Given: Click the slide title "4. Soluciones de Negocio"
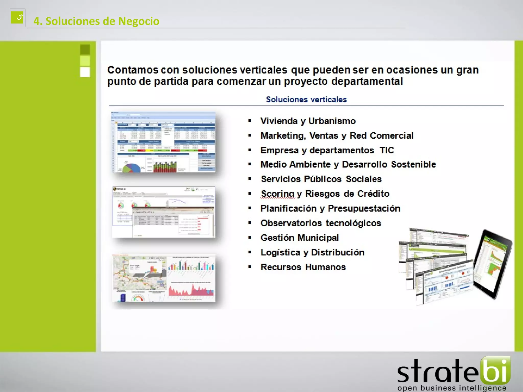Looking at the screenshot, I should [96, 21].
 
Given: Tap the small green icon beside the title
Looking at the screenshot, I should [17, 17].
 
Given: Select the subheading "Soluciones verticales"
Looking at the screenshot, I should [306, 100].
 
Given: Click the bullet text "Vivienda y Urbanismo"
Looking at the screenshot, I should [308, 121].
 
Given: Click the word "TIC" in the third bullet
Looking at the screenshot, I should [387, 150].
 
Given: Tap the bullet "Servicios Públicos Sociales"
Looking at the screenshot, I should [321, 179].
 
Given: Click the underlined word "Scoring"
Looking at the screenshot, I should [278, 194].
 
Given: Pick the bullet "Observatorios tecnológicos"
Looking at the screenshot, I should [321, 223].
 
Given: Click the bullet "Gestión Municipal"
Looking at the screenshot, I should [300, 238].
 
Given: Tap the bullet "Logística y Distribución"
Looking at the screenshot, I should [312, 252].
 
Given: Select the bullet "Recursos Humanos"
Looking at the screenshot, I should [303, 267].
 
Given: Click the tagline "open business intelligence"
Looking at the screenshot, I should [451, 388].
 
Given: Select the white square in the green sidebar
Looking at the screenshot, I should [85, 72].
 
